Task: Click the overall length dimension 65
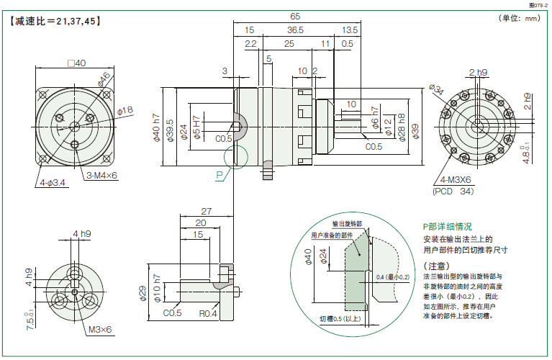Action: point(295,16)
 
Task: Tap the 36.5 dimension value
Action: point(294,30)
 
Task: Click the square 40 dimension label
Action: point(76,63)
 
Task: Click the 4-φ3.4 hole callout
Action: point(53,183)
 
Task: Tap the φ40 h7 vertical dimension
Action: point(156,130)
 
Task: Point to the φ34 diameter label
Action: point(437,89)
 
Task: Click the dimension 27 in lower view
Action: point(206,211)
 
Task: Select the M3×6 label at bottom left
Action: point(101,330)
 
